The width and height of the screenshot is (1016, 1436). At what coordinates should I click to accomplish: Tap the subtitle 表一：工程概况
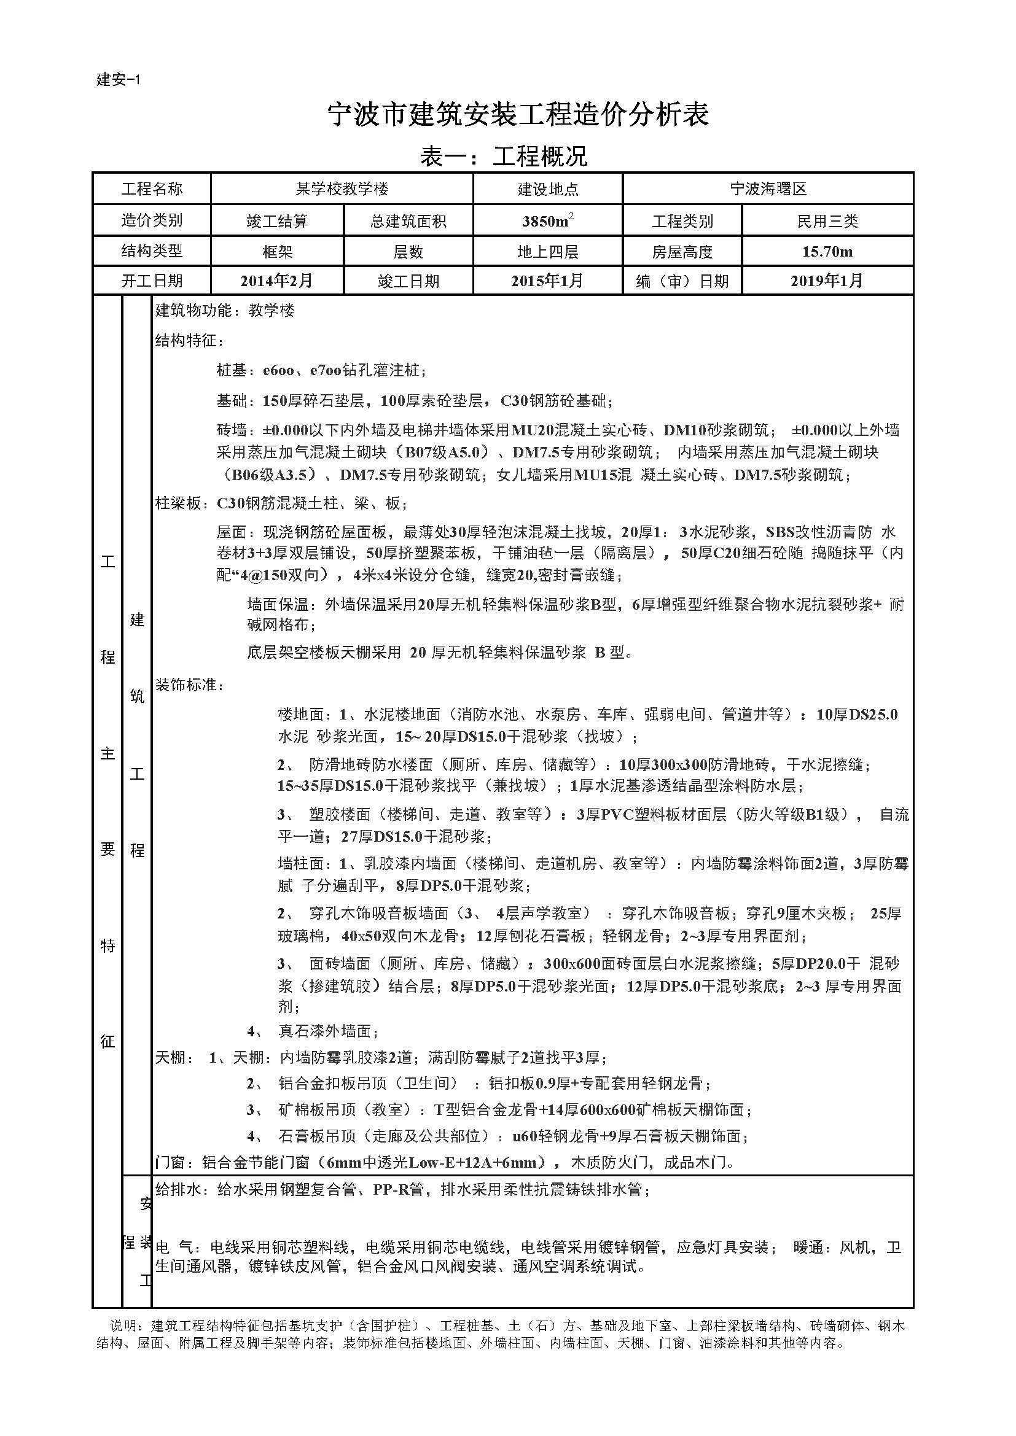[504, 157]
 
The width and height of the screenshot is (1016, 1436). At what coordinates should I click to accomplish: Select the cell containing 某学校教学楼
[342, 188]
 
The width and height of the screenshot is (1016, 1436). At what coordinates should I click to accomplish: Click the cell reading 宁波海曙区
[768, 188]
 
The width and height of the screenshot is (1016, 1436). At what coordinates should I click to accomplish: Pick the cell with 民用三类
[827, 221]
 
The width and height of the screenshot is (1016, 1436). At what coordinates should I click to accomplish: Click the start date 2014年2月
[277, 281]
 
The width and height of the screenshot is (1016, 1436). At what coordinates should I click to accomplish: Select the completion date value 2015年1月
[547, 281]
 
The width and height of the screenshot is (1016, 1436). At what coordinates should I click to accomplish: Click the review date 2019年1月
[827, 281]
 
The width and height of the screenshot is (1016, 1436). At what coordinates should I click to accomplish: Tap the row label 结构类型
[152, 252]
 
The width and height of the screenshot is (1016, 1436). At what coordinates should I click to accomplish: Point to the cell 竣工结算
[277, 221]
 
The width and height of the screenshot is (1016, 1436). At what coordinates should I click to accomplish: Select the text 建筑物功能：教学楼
[225, 311]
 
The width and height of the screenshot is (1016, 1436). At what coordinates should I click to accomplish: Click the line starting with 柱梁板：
[281, 503]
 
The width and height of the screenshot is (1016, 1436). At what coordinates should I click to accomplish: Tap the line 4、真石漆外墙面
[313, 1031]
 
